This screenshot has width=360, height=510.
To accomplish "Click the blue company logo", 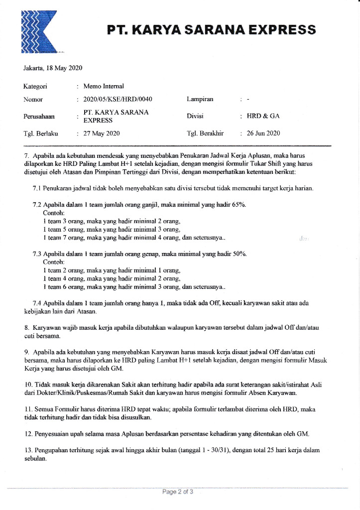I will click(40, 31).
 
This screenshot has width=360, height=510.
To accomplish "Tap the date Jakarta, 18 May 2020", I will click(53, 68).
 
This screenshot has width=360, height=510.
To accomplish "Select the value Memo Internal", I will click(104, 86).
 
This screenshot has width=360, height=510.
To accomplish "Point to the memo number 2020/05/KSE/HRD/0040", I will click(118, 99).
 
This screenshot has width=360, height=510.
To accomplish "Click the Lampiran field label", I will click(200, 99).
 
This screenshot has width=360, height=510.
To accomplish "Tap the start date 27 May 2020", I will click(102, 133).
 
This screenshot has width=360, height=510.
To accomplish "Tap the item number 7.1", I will click(37, 188).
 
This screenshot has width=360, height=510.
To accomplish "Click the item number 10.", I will click(28, 385).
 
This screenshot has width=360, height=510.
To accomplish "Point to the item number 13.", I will click(28, 450).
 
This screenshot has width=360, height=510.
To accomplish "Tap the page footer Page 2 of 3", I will click(177, 492).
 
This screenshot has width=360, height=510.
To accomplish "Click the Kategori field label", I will click(35, 86).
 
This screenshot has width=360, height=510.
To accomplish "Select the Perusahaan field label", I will click(39, 117).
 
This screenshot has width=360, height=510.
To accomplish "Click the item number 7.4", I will click(37, 302).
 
